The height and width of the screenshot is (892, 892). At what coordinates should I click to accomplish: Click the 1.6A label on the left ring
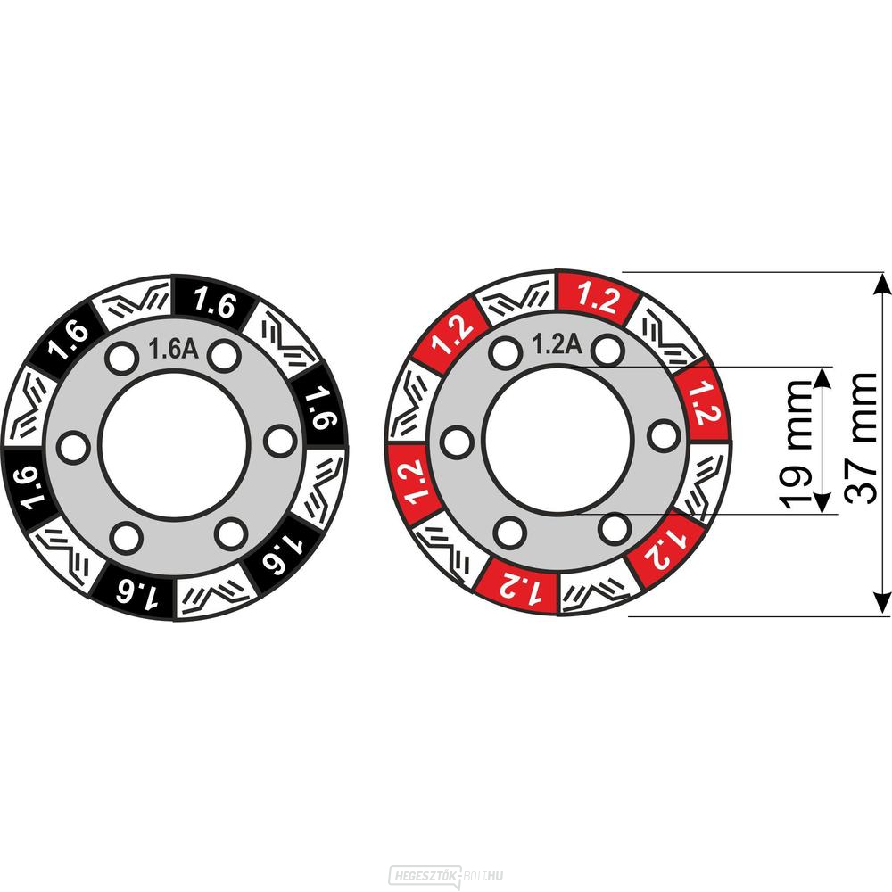point(174,349)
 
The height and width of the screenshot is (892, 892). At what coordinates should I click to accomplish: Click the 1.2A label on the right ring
point(557,343)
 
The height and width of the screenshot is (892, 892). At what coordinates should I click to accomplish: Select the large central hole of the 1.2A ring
point(558,441)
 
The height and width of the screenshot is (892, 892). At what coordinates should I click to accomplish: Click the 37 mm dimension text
point(859,438)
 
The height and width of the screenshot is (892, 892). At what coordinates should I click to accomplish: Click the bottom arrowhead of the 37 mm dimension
point(882,603)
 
